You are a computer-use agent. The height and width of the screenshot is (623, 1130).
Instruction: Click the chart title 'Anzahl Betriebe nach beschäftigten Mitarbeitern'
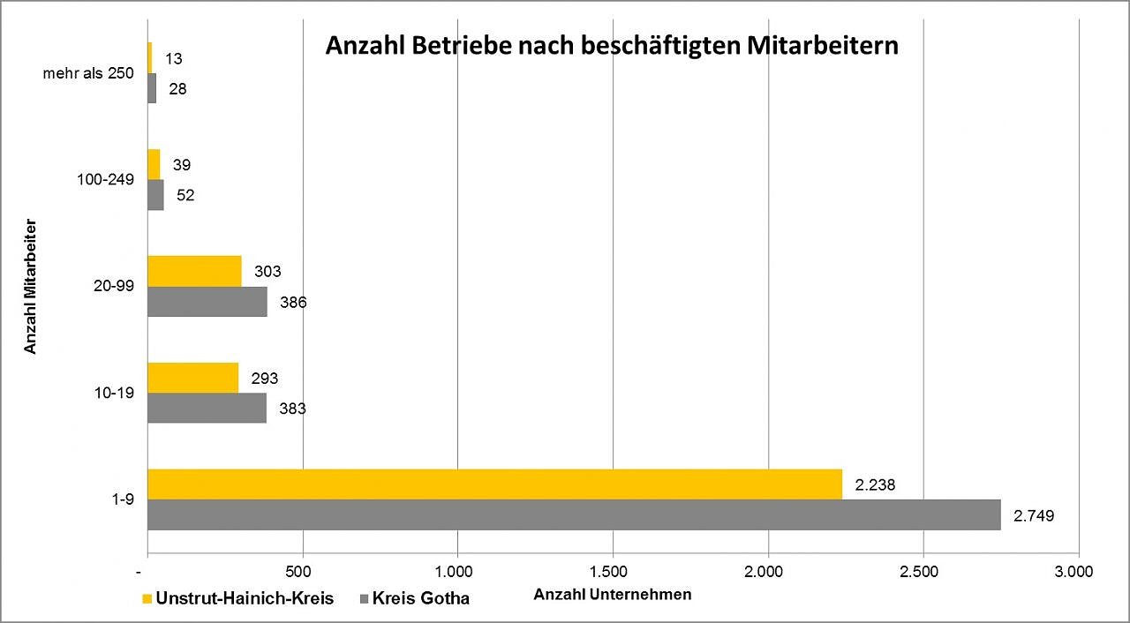click(x=612, y=46)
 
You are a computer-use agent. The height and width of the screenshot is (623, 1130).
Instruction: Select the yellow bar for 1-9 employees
click(x=494, y=484)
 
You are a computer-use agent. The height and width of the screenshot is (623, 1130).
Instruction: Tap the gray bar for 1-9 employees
click(x=574, y=514)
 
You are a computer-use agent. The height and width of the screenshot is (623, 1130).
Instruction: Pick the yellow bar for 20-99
click(x=194, y=271)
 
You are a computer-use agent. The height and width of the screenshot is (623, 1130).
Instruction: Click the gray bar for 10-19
click(x=207, y=408)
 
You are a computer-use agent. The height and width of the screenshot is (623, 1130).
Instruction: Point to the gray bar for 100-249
click(x=155, y=195)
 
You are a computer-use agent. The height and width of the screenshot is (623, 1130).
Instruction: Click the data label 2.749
click(x=1034, y=515)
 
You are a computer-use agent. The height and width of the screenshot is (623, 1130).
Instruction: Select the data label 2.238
click(x=875, y=484)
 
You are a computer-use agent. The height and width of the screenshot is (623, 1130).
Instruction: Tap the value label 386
click(x=292, y=303)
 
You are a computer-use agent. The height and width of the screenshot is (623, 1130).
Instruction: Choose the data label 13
click(x=173, y=59)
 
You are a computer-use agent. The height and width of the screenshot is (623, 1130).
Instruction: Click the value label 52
click(x=185, y=196)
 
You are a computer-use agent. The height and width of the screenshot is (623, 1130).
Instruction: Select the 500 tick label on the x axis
click(x=302, y=570)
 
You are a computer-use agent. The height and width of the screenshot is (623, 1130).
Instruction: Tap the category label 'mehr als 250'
click(x=88, y=73)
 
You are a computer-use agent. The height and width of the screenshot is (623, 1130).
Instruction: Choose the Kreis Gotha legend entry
click(x=411, y=598)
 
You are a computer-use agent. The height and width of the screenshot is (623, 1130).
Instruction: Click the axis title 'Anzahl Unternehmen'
click(x=613, y=595)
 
